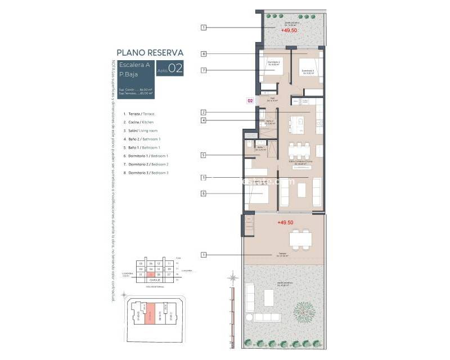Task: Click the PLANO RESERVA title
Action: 150,53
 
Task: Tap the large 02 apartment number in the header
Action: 175,69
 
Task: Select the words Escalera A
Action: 133,65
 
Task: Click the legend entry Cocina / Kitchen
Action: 138,122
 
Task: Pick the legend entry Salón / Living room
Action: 140,130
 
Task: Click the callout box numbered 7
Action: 204,70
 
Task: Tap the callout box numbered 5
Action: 204,155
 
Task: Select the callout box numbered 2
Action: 204,112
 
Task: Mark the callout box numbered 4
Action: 204,120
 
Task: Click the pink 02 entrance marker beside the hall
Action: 250,101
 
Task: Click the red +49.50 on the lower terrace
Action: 285,223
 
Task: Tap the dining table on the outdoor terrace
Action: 301,238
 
